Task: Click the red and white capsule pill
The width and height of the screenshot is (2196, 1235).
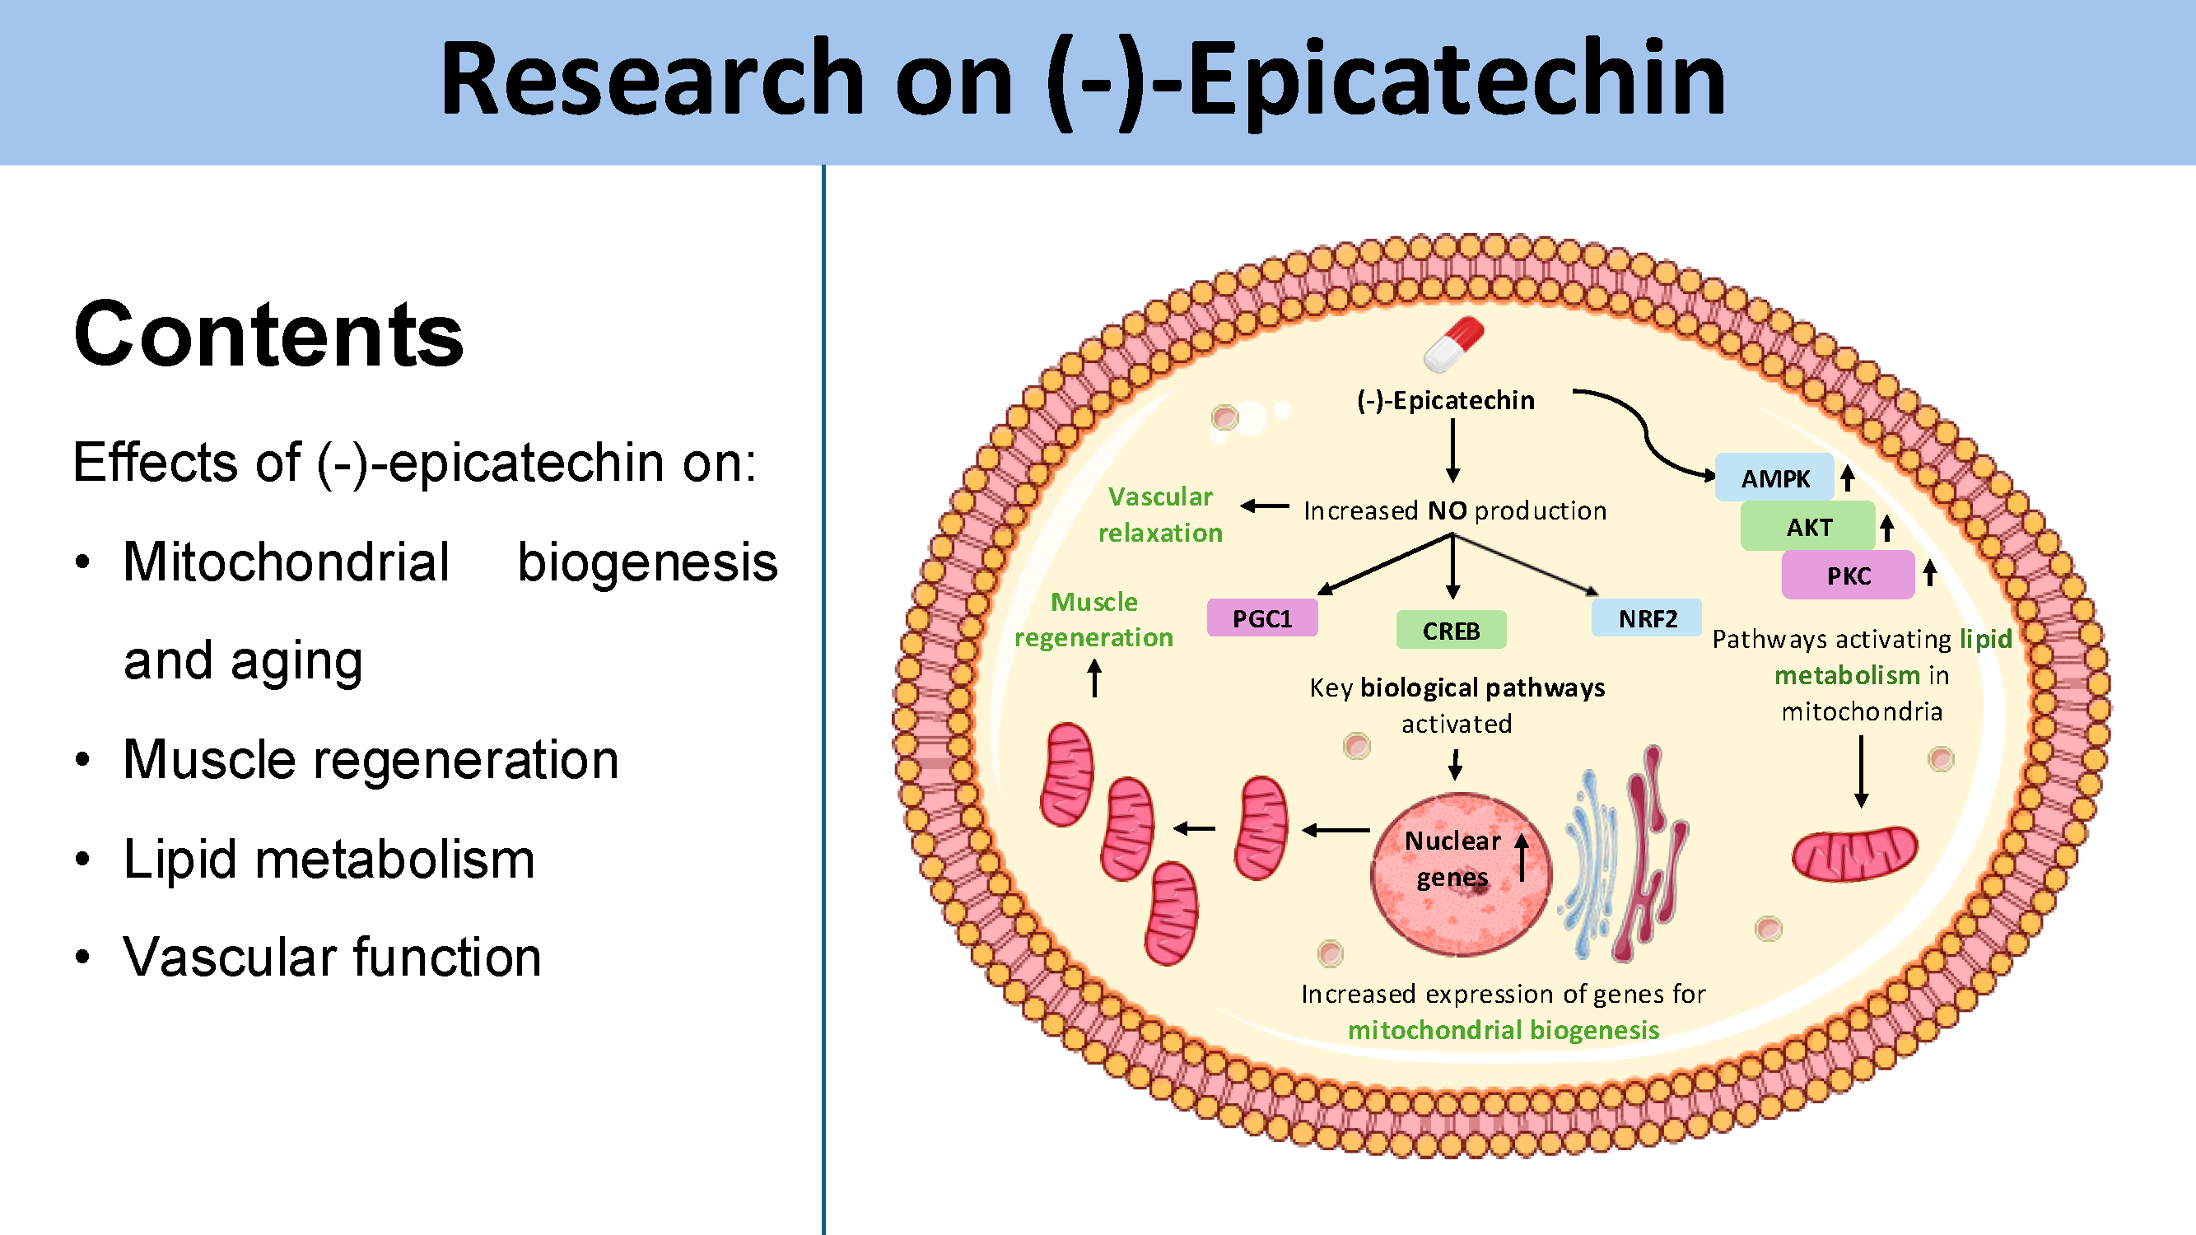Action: [x=1453, y=345]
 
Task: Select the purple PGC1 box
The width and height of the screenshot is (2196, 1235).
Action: [x=1261, y=618]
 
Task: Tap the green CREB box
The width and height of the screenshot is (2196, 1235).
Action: [x=1451, y=631]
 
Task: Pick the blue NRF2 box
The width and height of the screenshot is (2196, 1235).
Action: [x=1646, y=618]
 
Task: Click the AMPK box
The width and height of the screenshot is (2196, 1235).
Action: [x=1774, y=478]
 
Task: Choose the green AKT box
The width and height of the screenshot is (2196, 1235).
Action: [x=1808, y=527]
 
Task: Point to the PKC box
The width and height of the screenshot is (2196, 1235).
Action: [x=1848, y=576]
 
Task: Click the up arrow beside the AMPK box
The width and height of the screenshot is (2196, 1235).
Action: [x=1847, y=478]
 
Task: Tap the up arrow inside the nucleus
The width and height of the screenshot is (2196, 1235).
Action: [x=1522, y=856]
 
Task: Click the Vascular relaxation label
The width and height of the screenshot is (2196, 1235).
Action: [x=1160, y=515]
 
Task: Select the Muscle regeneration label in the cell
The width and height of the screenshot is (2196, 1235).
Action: [x=1093, y=620]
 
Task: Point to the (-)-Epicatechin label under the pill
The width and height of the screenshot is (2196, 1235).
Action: [x=1445, y=401]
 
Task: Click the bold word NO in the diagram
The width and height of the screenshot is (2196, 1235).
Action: [x=1447, y=510]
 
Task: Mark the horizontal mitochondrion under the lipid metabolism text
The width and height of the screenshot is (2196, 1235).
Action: [x=1854, y=853]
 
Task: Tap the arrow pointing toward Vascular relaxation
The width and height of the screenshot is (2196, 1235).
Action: [x=1264, y=506]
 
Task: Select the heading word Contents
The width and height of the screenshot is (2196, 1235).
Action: [x=268, y=335]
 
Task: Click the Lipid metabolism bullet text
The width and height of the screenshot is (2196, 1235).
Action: [x=329, y=858]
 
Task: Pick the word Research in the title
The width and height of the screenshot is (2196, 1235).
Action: [x=653, y=79]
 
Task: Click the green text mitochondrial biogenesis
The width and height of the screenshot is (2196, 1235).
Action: [x=1503, y=1030]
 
